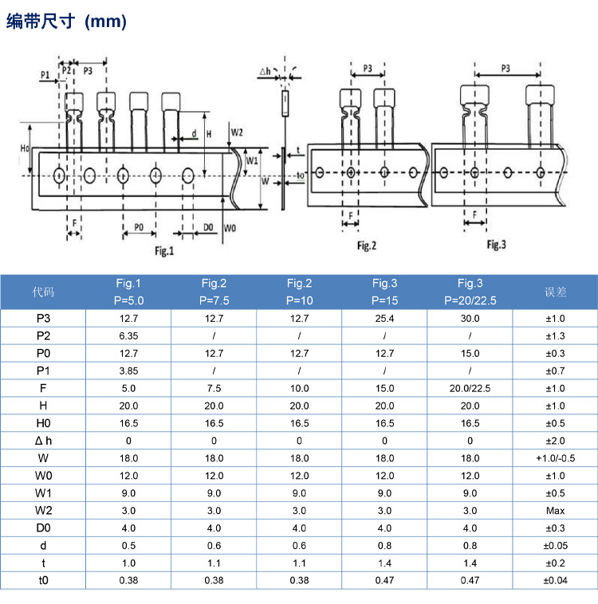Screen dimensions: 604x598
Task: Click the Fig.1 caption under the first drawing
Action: pyautogui.click(x=163, y=251)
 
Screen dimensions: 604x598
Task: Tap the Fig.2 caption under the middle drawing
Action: pyautogui.click(x=366, y=245)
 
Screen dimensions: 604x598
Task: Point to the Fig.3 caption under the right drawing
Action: pyautogui.click(x=496, y=244)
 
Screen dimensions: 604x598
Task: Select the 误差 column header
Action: pyautogui.click(x=555, y=292)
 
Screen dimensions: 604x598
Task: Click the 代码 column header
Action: pyautogui.click(x=43, y=292)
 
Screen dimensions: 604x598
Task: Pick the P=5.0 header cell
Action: pyautogui.click(x=128, y=301)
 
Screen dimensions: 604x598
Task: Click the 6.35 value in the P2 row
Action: pyautogui.click(x=128, y=335)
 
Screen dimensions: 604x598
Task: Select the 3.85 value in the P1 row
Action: pyautogui.click(x=128, y=371)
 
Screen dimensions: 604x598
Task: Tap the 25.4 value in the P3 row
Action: pyautogui.click(x=384, y=318)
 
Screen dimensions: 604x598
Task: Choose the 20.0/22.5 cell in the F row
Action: pyautogui.click(x=470, y=388)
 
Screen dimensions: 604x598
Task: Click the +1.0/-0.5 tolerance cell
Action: pyautogui.click(x=555, y=458)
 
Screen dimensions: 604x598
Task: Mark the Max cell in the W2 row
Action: pyautogui.click(x=555, y=511)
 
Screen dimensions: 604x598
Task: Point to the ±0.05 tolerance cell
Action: pyautogui.click(x=555, y=546)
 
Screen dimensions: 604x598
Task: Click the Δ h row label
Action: pyautogui.click(x=43, y=441)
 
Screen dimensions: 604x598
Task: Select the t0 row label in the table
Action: pyautogui.click(x=43, y=581)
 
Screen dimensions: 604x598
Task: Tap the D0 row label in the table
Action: pyautogui.click(x=43, y=528)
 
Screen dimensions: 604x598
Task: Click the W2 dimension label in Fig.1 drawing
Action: pyautogui.click(x=237, y=131)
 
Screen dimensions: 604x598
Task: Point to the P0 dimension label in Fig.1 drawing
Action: pyautogui.click(x=139, y=227)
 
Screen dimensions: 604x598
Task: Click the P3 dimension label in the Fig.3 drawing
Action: pyautogui.click(x=506, y=69)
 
